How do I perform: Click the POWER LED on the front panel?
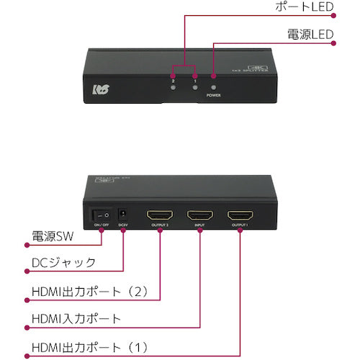coord(213,75)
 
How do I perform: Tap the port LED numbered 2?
coord(174,74)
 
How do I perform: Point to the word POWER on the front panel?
coord(213,94)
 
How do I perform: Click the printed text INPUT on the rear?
coord(201,227)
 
